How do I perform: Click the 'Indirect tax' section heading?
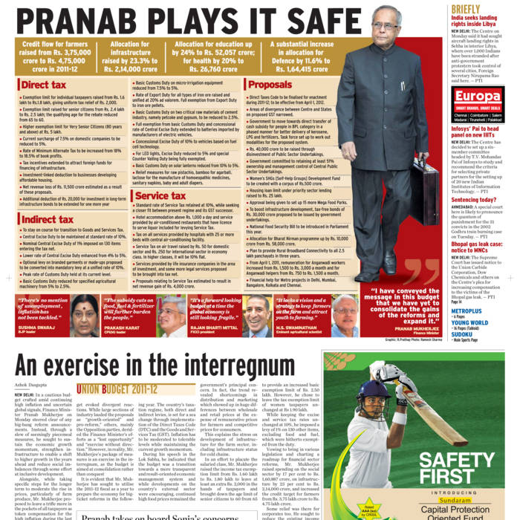coord(47,219)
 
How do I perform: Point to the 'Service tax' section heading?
coord(160,196)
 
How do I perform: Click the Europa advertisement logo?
coord(477,97)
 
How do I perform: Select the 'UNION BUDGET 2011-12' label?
coord(117,389)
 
